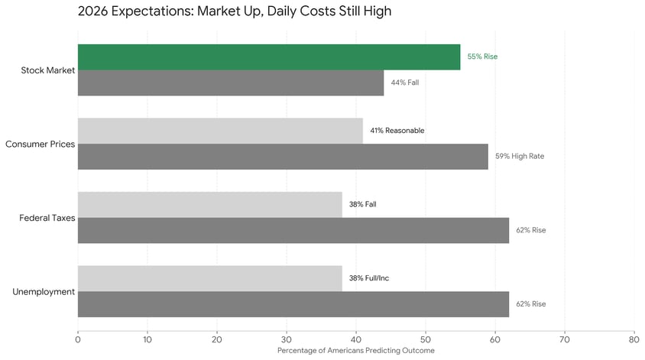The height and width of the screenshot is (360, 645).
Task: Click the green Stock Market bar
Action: pos(269,57)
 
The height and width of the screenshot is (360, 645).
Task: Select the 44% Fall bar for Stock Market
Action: pos(231,83)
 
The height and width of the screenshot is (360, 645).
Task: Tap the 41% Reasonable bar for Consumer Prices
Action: pos(220,131)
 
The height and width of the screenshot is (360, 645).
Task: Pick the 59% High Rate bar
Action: pos(283,157)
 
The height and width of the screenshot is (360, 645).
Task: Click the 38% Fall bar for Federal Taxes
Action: pos(210,205)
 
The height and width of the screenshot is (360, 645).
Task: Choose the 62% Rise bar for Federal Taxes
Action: pos(293,230)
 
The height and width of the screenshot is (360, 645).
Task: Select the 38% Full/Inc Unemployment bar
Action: pos(210,278)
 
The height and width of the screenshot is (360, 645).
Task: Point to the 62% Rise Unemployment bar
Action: pos(293,304)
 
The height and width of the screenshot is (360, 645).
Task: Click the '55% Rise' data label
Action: pos(482,57)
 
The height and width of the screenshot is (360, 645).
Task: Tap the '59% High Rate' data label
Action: pos(520,157)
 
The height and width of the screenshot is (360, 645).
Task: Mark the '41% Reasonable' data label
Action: pos(397,131)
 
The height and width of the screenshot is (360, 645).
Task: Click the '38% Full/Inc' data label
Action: pos(369,278)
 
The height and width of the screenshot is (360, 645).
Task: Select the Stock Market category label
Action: pos(48,70)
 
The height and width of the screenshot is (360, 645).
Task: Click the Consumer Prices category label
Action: pos(40,144)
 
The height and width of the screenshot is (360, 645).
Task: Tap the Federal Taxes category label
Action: pos(47,218)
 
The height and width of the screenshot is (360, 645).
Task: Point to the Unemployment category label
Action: pos(44,291)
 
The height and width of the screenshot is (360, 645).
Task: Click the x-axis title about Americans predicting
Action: pos(355,351)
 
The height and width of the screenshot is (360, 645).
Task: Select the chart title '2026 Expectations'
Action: pos(235,12)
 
